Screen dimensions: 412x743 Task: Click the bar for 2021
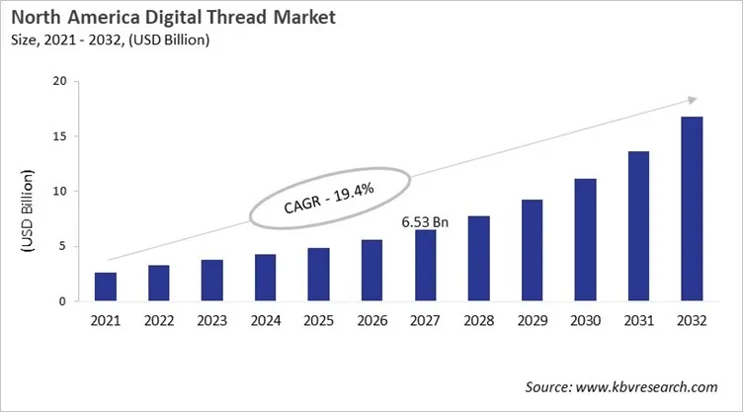tap(106, 287)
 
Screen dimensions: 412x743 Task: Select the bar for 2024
tap(265, 278)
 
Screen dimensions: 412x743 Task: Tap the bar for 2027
tap(425, 266)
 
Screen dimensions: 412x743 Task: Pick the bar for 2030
tap(585, 240)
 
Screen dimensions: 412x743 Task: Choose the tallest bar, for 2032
tap(691, 208)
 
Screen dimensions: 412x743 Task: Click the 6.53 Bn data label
tap(425, 222)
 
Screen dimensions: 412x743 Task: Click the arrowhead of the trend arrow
tap(693, 99)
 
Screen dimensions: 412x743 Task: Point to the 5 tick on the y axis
tap(62, 246)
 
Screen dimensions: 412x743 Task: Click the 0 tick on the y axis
tap(62, 301)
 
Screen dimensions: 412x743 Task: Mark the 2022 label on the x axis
tap(159, 319)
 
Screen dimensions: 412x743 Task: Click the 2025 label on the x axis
tap(318, 319)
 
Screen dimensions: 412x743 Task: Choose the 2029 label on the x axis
tap(532, 319)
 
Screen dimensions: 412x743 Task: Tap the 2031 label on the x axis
tap(638, 319)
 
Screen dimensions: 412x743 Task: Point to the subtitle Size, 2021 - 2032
tap(110, 40)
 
